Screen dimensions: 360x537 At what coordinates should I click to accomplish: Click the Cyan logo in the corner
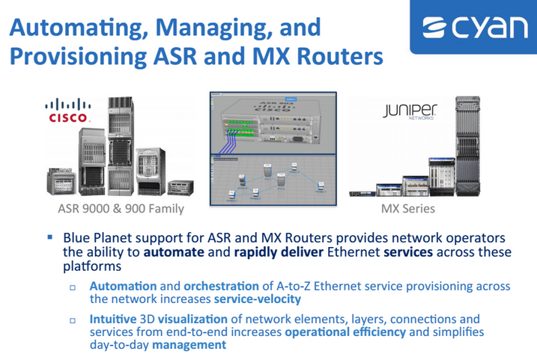pyautogui.click(x=474, y=28)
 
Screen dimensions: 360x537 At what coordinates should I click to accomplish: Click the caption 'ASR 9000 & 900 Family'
pyautogui.click(x=121, y=208)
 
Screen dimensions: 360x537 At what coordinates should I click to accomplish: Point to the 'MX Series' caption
pyautogui.click(x=409, y=208)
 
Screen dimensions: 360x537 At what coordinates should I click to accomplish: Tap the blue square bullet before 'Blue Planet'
pyautogui.click(x=50, y=237)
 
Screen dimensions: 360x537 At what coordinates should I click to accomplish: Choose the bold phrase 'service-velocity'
pyautogui.click(x=258, y=299)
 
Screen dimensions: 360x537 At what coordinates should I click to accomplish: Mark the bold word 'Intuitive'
pyautogui.click(x=113, y=319)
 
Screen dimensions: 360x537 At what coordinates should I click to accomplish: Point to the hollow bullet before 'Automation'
pyautogui.click(x=73, y=287)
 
